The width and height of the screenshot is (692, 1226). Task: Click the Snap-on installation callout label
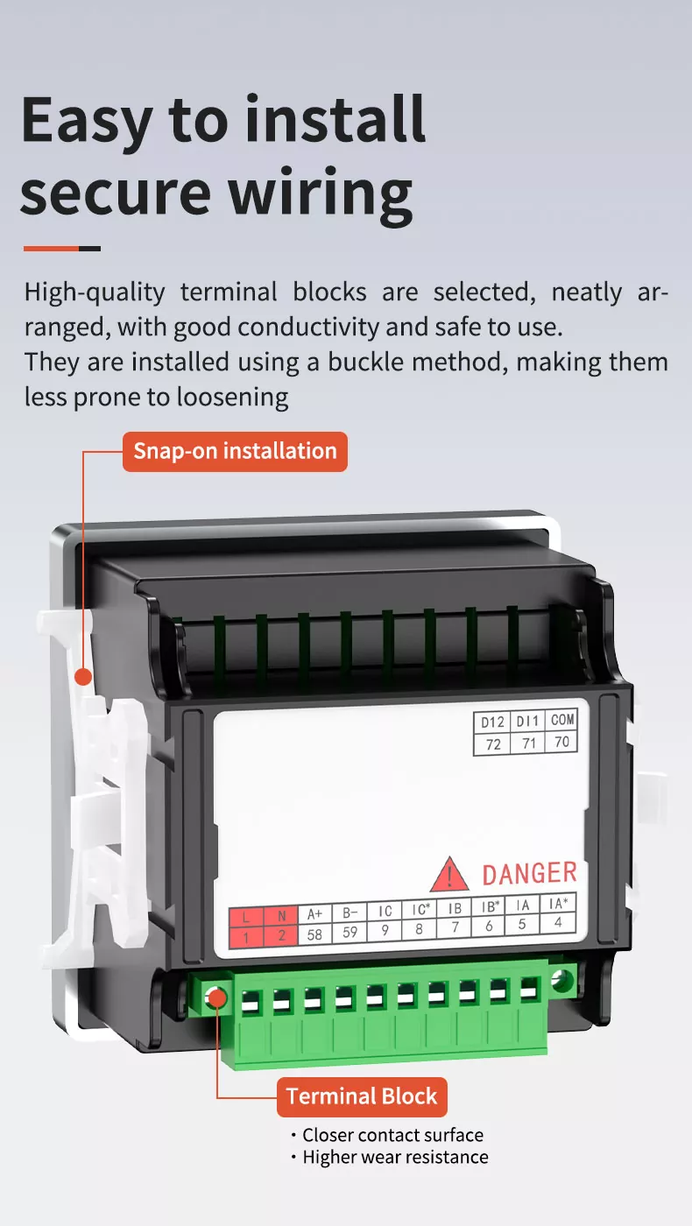click(235, 451)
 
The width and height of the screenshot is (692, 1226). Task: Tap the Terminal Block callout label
click(362, 1096)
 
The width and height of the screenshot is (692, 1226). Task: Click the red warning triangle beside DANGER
click(449, 875)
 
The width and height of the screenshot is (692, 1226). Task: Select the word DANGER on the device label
click(529, 873)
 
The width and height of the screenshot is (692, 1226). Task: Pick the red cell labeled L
click(246, 917)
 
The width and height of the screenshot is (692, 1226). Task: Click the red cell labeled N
click(280, 915)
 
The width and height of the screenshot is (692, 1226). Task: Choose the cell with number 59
click(350, 932)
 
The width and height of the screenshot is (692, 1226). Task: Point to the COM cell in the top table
click(561, 720)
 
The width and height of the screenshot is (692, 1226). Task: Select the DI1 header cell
click(527, 722)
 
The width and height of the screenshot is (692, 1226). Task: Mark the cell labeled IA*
click(557, 904)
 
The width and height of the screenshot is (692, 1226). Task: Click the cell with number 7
click(454, 927)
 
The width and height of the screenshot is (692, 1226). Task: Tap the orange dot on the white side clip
click(83, 676)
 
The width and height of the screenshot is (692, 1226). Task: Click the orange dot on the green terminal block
click(216, 997)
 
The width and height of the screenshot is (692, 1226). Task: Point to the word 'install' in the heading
click(335, 120)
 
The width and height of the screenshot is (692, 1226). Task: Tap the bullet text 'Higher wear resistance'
click(395, 1157)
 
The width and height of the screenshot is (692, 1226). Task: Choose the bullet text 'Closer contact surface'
click(392, 1135)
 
